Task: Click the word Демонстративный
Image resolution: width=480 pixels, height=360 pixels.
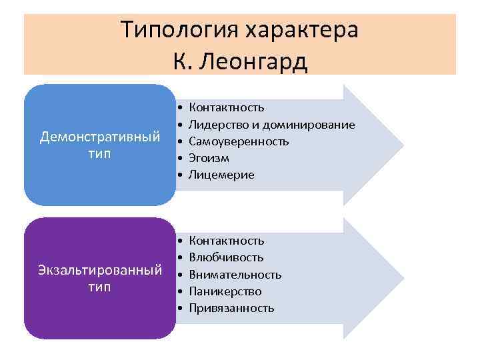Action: (x=99, y=137)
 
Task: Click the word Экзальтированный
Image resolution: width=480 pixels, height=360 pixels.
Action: (x=99, y=270)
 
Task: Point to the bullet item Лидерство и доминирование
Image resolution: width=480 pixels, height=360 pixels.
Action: (x=272, y=124)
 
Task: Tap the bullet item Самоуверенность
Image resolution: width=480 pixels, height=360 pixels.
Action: (x=239, y=141)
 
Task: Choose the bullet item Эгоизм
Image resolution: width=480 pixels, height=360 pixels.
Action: (x=209, y=158)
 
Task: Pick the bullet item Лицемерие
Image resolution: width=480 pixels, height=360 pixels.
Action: (x=221, y=175)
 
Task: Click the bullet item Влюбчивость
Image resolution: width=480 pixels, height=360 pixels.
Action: (x=227, y=257)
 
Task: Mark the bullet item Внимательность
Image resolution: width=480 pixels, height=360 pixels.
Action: (x=235, y=275)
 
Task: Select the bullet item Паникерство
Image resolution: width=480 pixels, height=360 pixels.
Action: (x=225, y=291)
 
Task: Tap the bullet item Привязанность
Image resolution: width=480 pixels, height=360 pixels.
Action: (x=231, y=309)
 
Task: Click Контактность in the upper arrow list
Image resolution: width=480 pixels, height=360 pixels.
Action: (x=227, y=107)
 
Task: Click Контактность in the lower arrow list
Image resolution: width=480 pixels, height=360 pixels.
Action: (x=227, y=240)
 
